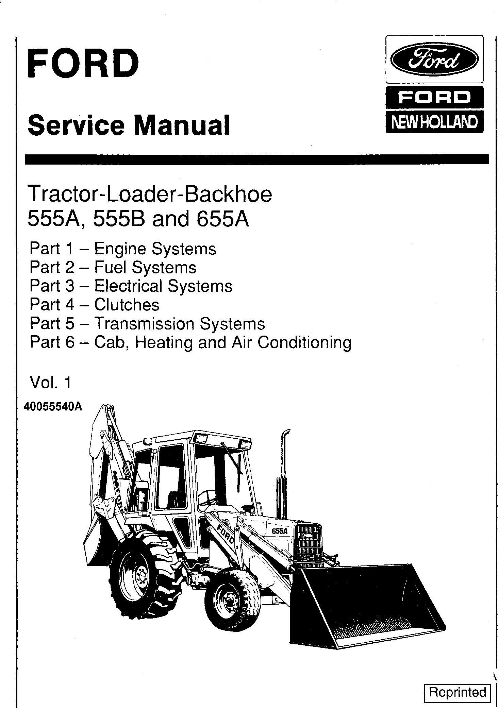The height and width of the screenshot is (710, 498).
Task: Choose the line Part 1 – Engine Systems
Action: pos(123,249)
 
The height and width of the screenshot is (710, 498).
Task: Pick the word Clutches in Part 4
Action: pos(127,304)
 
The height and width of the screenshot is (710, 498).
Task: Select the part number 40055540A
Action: pos(53,407)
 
